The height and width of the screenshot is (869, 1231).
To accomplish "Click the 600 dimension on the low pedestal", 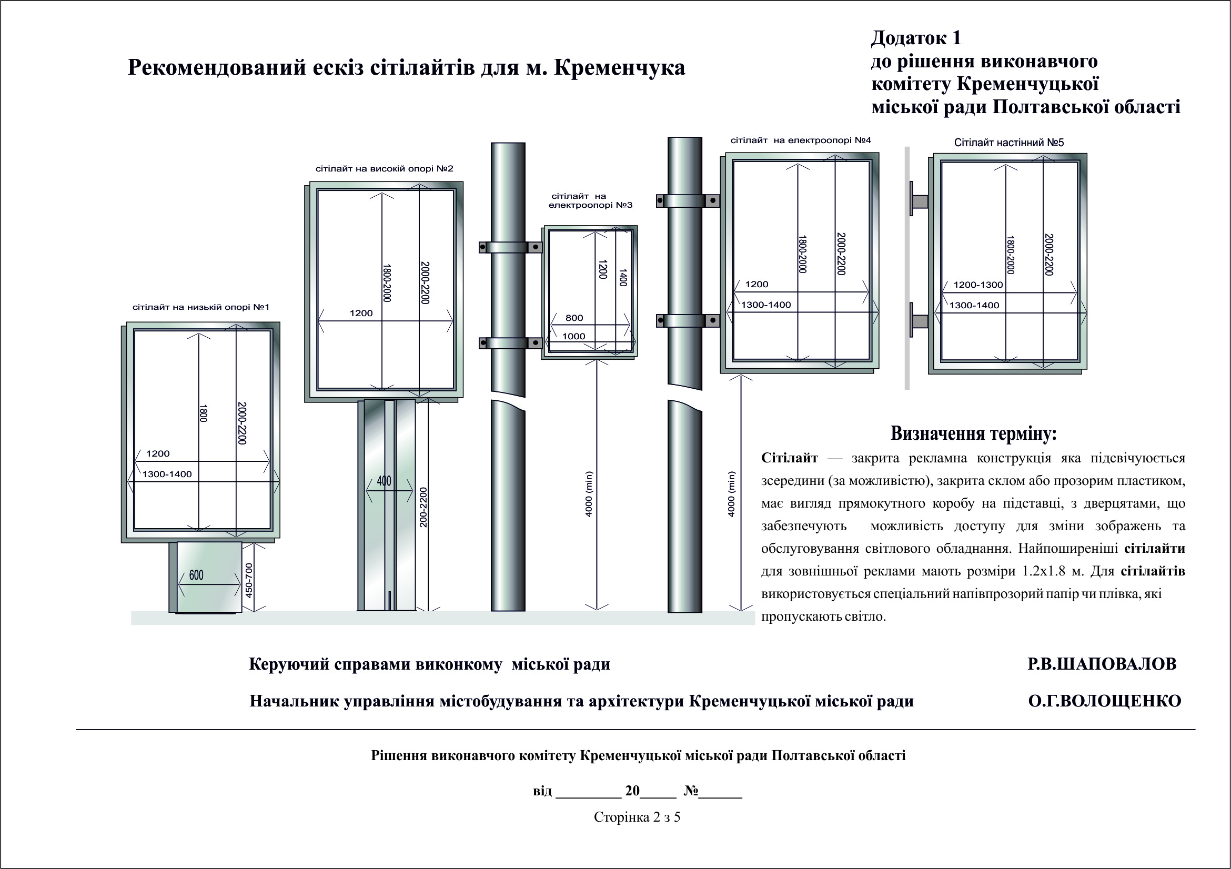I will tap(196, 575).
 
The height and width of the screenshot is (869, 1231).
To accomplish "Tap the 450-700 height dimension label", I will tap(249, 580).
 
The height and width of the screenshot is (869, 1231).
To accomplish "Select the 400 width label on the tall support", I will tap(384, 481).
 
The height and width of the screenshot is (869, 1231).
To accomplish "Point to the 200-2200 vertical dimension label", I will tap(423, 507).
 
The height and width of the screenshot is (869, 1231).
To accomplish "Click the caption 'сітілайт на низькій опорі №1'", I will tap(200, 307).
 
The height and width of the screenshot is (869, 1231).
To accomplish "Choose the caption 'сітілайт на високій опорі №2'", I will tap(384, 169).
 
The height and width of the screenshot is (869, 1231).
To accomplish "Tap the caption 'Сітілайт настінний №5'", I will tap(1008, 143).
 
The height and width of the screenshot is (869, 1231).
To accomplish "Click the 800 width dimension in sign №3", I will tap(574, 318).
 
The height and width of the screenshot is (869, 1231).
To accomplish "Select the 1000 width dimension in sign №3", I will tap(574, 337).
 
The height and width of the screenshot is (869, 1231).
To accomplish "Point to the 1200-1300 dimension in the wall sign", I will tap(977, 285).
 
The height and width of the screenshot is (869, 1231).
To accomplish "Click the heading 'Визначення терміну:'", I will tap(973, 433).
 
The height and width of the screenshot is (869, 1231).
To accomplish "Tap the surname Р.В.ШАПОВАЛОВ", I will tap(1102, 664).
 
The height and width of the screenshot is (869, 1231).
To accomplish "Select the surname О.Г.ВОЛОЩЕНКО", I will tap(1104, 701).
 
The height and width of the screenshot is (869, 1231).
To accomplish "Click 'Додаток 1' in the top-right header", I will tap(916, 38).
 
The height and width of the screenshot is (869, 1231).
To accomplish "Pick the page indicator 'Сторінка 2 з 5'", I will tap(637, 817).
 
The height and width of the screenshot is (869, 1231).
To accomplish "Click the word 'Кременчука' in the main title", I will tap(619, 68).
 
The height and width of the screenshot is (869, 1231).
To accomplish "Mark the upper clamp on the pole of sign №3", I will tap(510, 247).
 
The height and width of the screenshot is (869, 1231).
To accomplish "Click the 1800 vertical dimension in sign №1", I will tap(203, 413).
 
